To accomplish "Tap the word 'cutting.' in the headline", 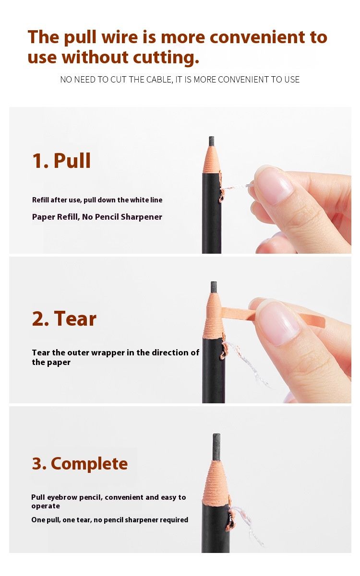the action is pyautogui.click(x=166, y=58).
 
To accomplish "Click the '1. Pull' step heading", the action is pyautogui.click(x=61, y=161).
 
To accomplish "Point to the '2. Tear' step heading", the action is pyautogui.click(x=64, y=318).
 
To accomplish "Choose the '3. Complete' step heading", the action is pyautogui.click(x=80, y=463).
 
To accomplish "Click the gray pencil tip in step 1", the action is pyautogui.click(x=212, y=141).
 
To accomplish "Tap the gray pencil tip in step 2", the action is pyautogui.click(x=214, y=287).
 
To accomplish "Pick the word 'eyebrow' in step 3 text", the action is pyautogui.click(x=62, y=497).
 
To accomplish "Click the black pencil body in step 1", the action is pyautogui.click(x=212, y=213).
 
